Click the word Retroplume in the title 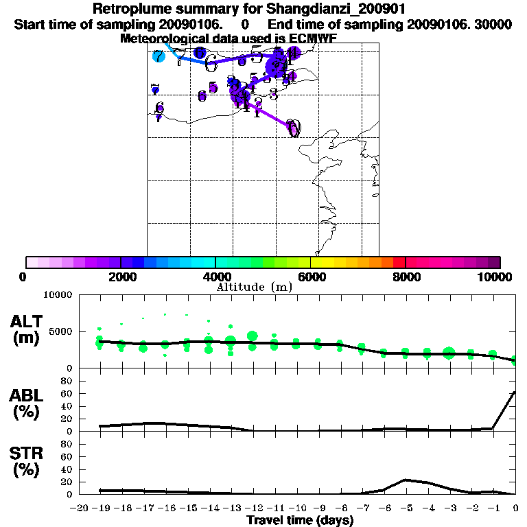[128, 10]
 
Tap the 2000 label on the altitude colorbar [121, 277]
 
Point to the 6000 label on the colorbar [311, 277]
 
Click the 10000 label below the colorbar [495, 277]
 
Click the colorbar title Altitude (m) [254, 287]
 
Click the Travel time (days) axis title [300, 520]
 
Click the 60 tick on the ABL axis [67, 393]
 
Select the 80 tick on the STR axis [67, 443]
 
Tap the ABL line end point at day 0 [515, 393]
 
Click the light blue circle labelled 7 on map [159, 57]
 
